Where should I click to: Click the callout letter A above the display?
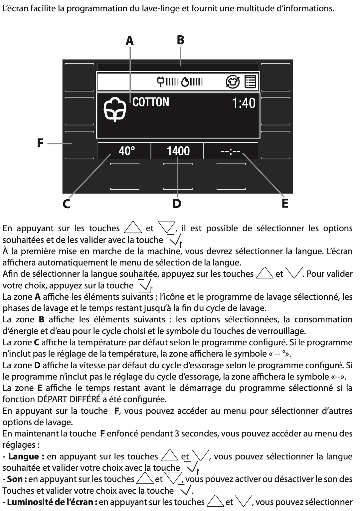coord(129,41)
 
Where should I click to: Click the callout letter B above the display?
coord(180,40)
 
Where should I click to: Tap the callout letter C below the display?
coord(67,204)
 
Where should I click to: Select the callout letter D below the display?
coord(177,203)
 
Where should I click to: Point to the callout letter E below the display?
coord(285,203)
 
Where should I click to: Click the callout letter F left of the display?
coord(40,143)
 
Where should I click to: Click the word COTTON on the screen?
coord(151,102)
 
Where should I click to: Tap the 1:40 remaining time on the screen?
coord(244,103)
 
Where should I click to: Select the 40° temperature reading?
coord(127,151)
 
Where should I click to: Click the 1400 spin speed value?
coord(178,151)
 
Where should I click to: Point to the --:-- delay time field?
coord(230,152)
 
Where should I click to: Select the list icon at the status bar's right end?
coord(251,82)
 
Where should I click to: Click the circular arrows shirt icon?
coord(233,82)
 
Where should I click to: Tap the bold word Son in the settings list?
coord(15,479)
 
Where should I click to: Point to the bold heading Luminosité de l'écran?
coord(50,502)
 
